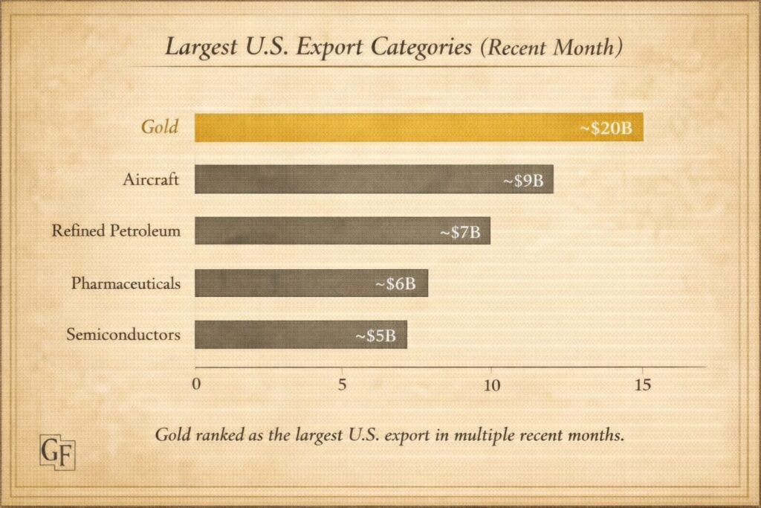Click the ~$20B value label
click(606, 128)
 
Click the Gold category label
click(160, 126)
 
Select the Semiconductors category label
click(123, 335)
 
